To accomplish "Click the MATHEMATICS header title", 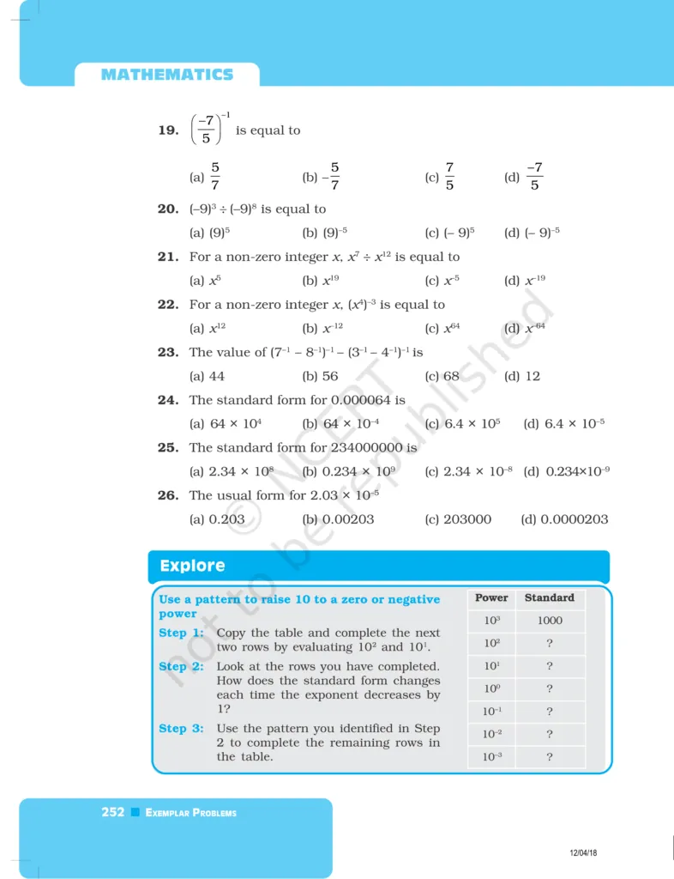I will pyautogui.click(x=166, y=75).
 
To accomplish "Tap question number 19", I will pyautogui.click(x=167, y=130).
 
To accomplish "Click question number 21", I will pyautogui.click(x=167, y=257).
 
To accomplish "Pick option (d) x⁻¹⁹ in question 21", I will pyautogui.click(x=525, y=280).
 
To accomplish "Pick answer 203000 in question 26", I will pyautogui.click(x=467, y=519).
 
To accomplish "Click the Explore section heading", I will pyautogui.click(x=192, y=566).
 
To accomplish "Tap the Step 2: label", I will pyautogui.click(x=181, y=666).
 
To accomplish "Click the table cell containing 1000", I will pyautogui.click(x=549, y=621).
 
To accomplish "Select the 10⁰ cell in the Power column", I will pyautogui.click(x=491, y=688).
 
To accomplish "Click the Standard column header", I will pyautogui.click(x=549, y=597).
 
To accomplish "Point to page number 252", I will pyautogui.click(x=113, y=812).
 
